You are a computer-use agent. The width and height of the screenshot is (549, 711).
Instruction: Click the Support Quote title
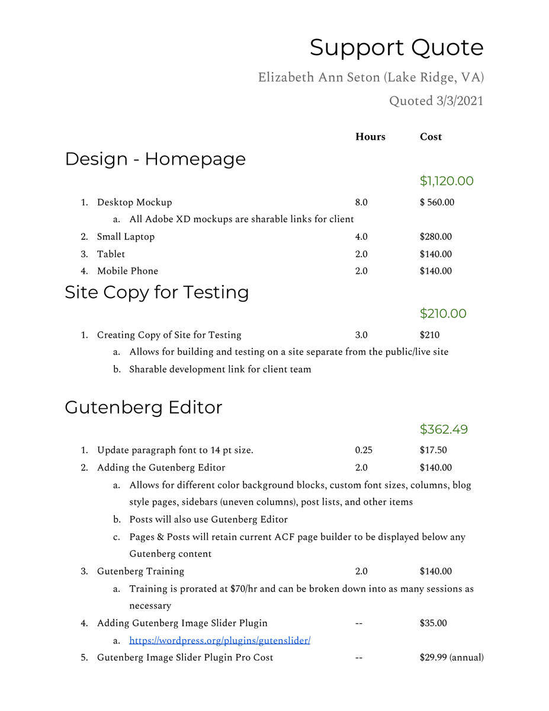pyautogui.click(x=396, y=47)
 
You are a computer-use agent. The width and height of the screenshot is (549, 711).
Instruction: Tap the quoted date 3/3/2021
pyautogui.click(x=436, y=101)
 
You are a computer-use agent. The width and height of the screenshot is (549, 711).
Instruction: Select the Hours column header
pyautogui.click(x=370, y=137)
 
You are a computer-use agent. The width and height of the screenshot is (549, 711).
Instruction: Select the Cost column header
pyautogui.click(x=431, y=137)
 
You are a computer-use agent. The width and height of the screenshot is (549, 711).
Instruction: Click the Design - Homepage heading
pyautogui.click(x=155, y=159)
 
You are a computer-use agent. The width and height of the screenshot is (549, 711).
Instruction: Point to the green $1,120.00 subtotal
pyautogui.click(x=447, y=181)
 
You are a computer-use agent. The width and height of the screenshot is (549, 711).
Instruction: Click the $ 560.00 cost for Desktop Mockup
pyautogui.click(x=437, y=203)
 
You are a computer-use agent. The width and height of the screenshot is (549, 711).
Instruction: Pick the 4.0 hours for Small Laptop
pyautogui.click(x=361, y=237)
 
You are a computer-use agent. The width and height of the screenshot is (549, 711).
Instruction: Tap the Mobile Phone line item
pyautogui.click(x=127, y=271)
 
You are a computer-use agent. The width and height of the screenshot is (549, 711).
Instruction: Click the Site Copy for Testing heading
pyautogui.click(x=157, y=292)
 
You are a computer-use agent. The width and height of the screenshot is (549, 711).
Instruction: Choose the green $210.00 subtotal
pyautogui.click(x=443, y=313)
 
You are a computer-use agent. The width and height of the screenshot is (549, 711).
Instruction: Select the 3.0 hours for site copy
pyautogui.click(x=361, y=335)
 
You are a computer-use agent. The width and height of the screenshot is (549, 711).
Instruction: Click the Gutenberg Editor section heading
pyautogui.click(x=143, y=408)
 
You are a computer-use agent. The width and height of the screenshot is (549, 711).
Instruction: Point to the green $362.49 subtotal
pyautogui.click(x=444, y=429)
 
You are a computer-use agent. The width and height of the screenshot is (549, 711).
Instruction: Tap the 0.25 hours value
pyautogui.click(x=364, y=450)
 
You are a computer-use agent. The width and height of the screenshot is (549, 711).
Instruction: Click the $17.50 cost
pyautogui.click(x=433, y=450)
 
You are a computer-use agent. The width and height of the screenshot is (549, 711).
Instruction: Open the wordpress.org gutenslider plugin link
pyautogui.click(x=220, y=640)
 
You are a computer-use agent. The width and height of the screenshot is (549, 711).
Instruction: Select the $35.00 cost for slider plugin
pyautogui.click(x=433, y=623)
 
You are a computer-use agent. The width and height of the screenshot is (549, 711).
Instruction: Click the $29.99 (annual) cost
pyautogui.click(x=451, y=658)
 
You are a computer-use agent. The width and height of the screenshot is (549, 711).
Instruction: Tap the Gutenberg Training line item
pyautogui.click(x=140, y=572)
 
